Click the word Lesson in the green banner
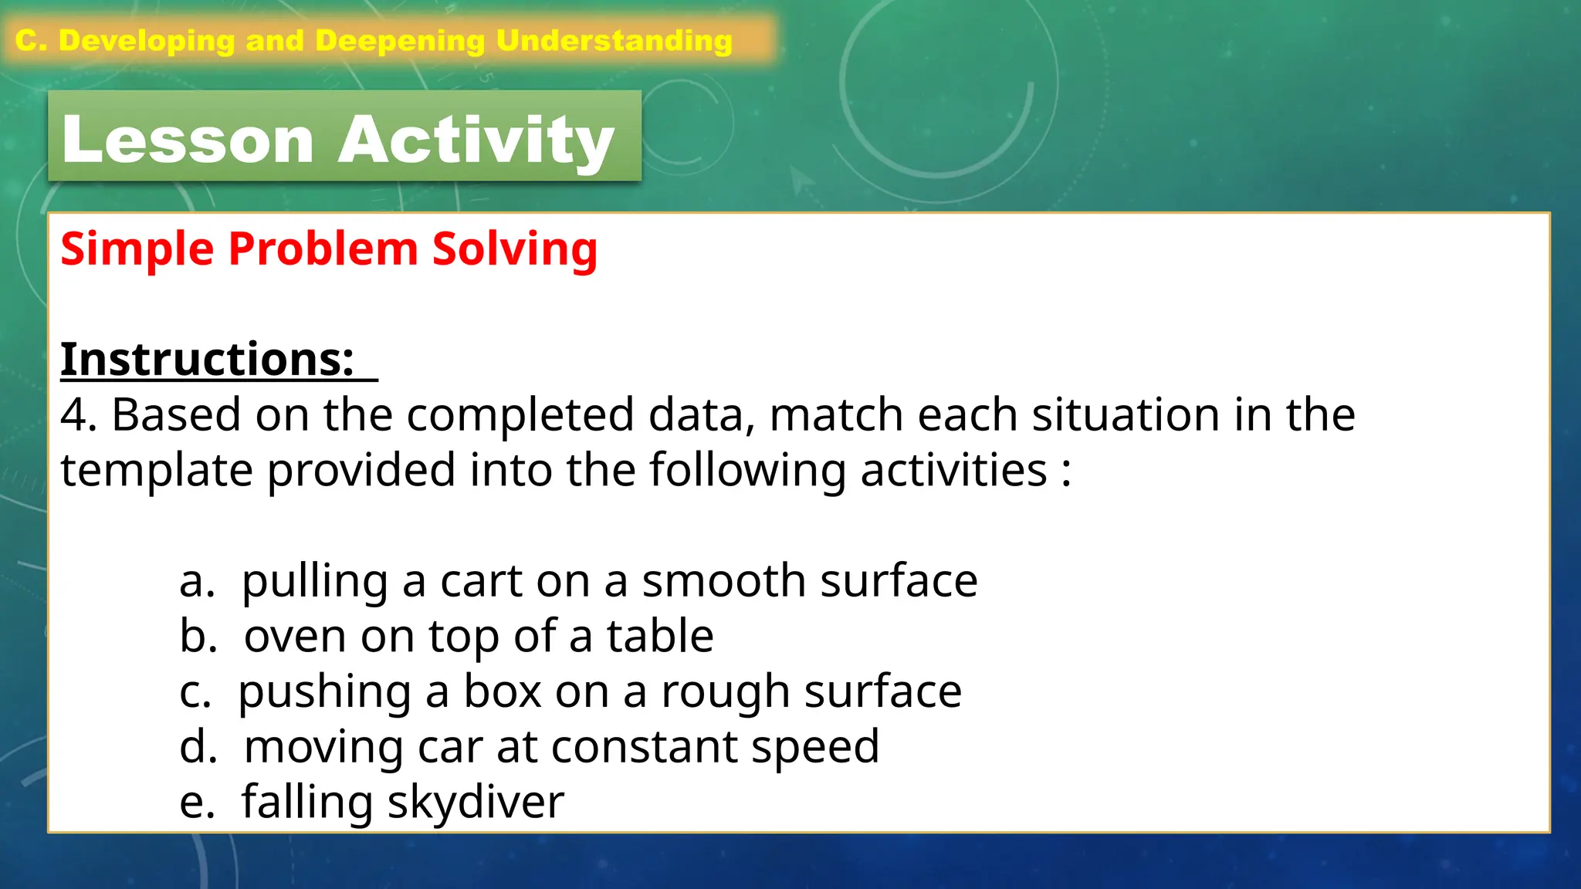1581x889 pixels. coord(188,140)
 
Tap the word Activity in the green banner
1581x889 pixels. coord(476,140)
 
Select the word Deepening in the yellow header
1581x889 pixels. coord(400,41)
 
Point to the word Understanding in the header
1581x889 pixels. coord(614,41)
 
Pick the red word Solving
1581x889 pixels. coord(515,249)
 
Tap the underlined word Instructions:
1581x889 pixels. coord(207,360)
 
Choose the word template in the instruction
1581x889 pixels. coord(156,471)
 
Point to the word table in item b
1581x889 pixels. coord(660,637)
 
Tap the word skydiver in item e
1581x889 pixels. coord(476,803)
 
